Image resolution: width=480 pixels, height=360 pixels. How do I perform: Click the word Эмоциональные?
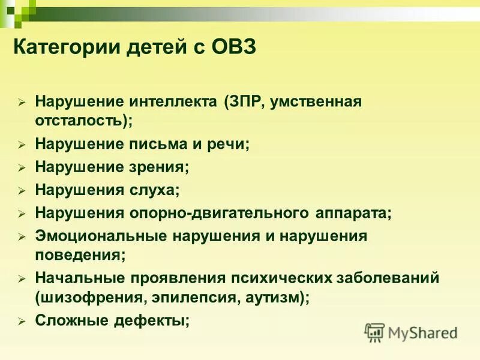point(101,236)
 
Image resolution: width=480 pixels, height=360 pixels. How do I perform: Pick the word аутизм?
point(274,296)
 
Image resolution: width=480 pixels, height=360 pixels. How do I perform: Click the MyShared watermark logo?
point(411,332)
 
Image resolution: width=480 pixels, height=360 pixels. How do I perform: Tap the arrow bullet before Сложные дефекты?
point(21,322)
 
